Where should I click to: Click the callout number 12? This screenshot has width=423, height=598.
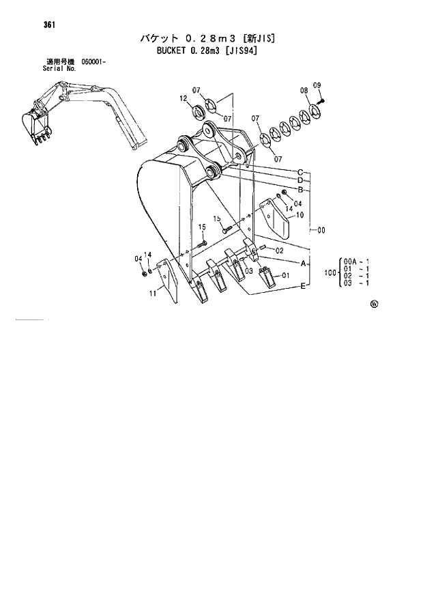[184, 99]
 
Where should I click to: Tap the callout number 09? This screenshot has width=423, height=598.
[317, 85]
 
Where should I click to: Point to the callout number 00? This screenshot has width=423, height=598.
[321, 230]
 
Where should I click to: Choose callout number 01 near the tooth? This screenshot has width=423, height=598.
[285, 276]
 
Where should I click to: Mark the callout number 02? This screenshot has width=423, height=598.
[279, 251]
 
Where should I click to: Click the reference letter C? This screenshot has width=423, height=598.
[300, 171]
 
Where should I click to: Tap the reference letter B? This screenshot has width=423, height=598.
[300, 189]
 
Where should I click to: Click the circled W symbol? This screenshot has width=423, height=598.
[374, 304]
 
